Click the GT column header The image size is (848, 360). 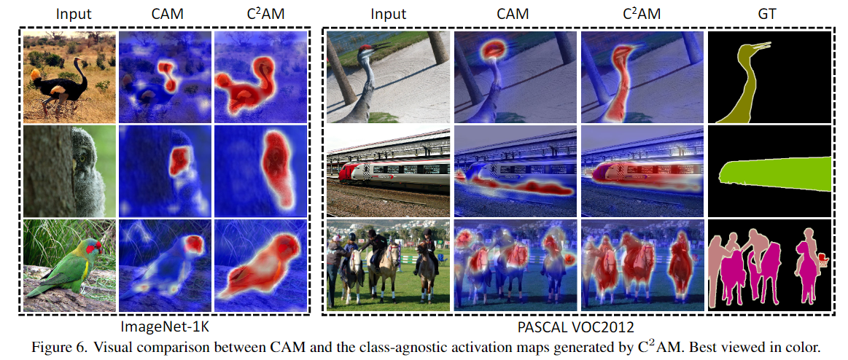coord(767,13)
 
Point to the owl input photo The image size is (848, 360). coord(69,171)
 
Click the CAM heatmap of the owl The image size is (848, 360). coord(165,171)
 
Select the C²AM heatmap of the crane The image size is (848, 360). coord(642,77)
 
